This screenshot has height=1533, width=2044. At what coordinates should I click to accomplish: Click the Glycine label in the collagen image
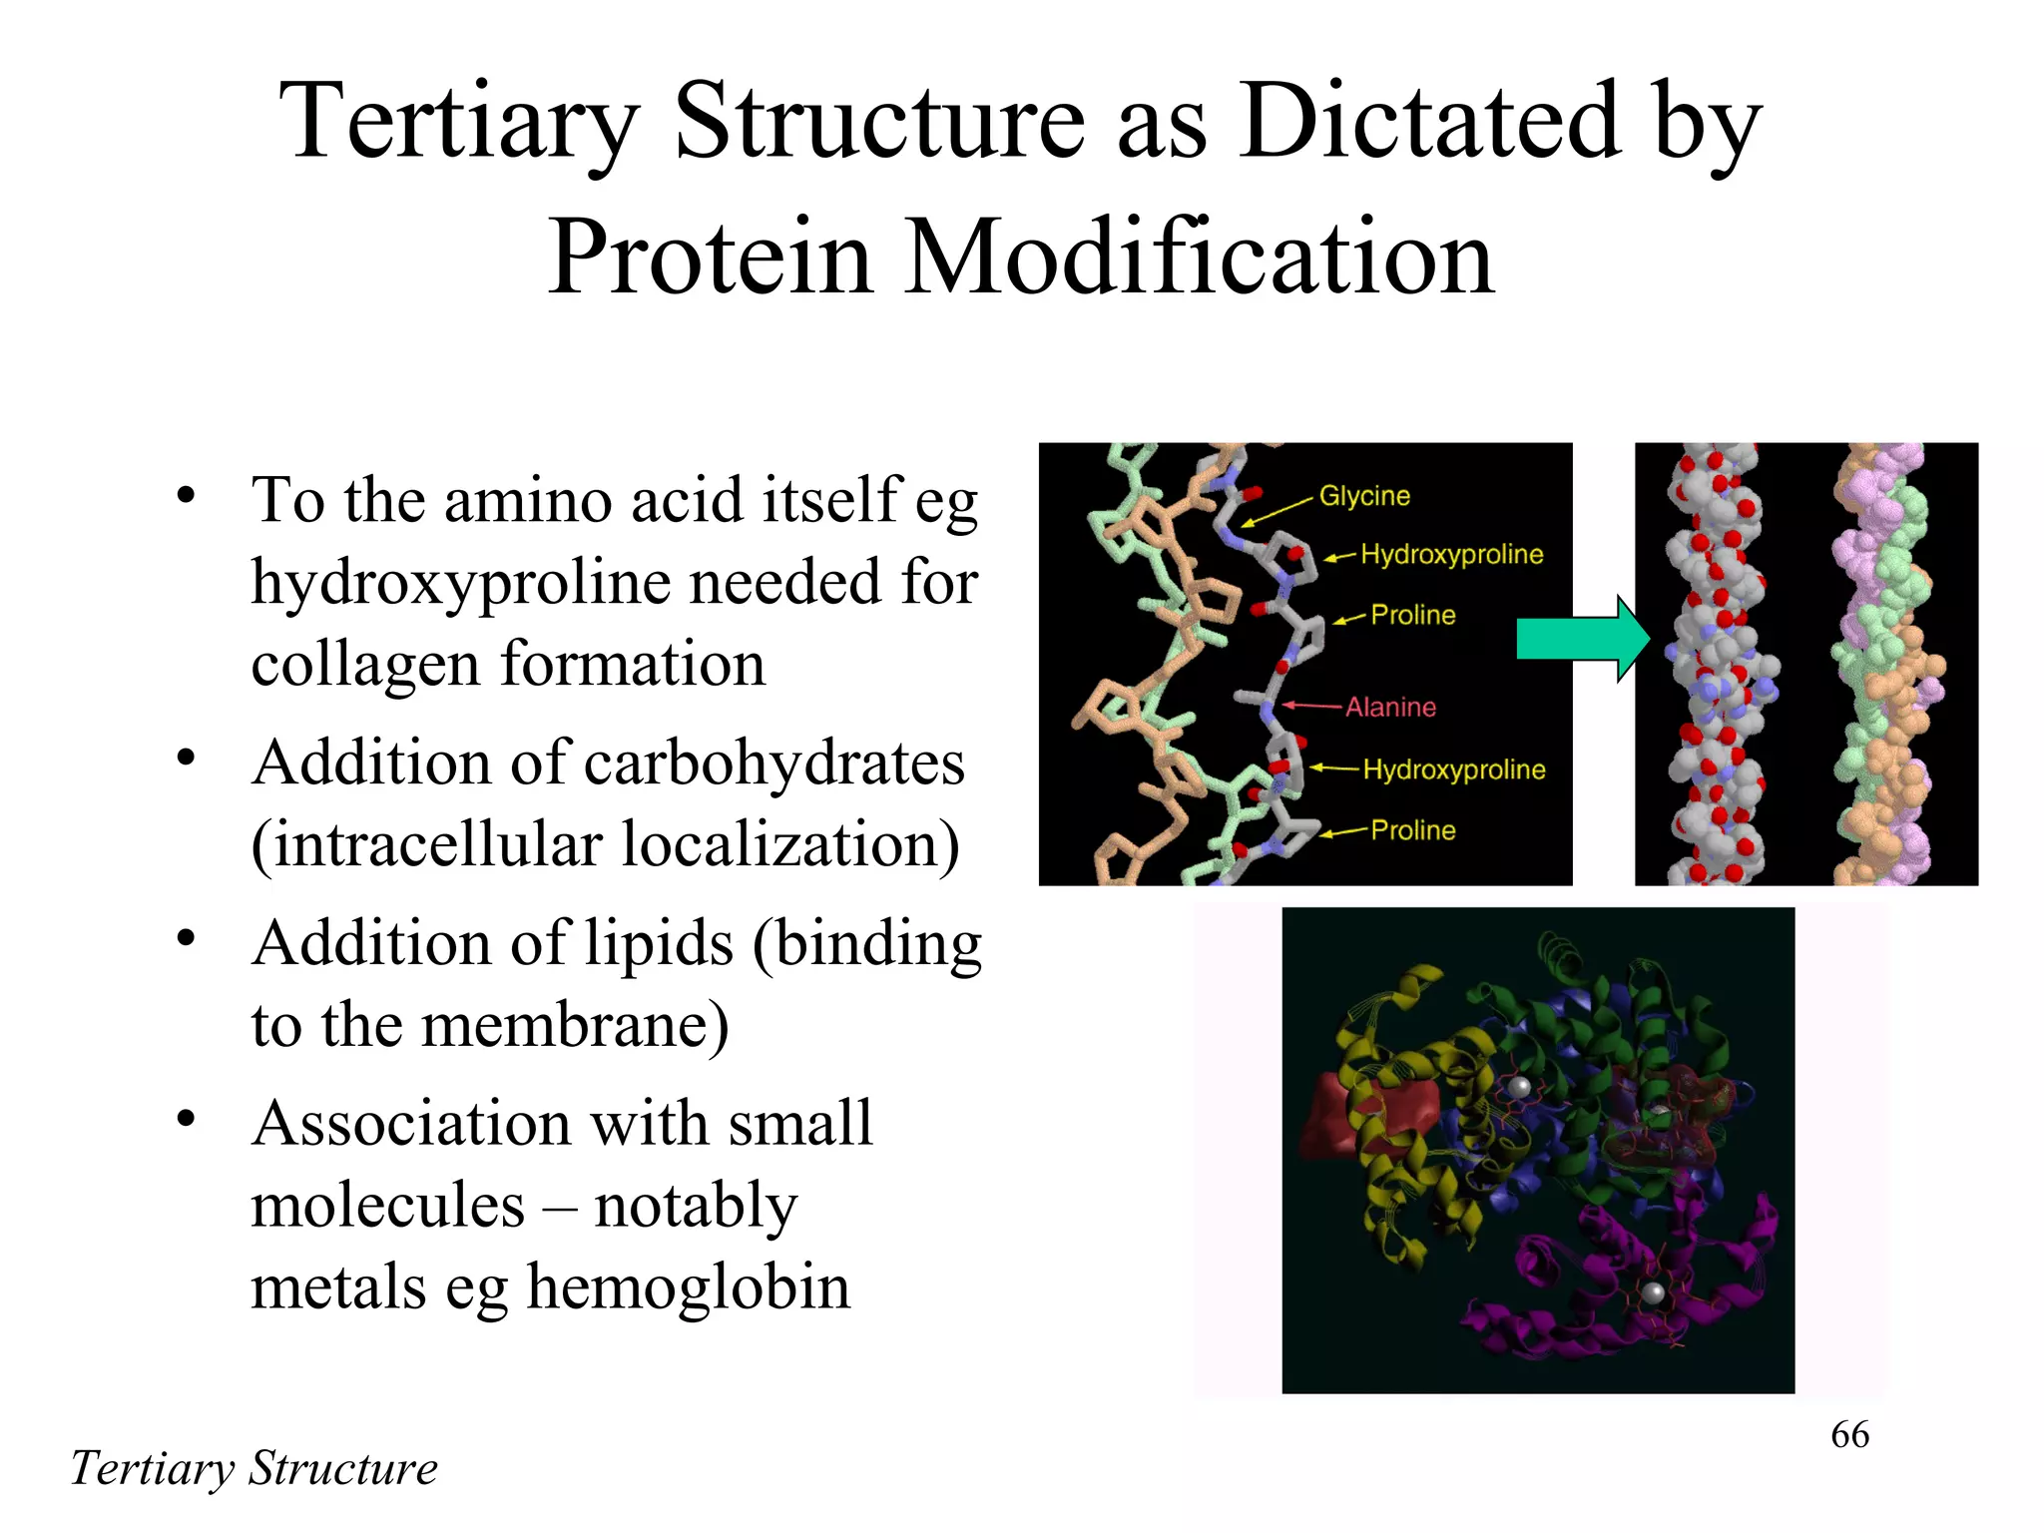(x=1363, y=496)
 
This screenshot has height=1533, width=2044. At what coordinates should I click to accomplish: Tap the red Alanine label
(x=1389, y=708)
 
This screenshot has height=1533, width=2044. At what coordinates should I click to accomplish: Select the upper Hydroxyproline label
(x=1451, y=554)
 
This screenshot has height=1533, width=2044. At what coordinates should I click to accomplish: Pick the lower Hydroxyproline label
(x=1453, y=769)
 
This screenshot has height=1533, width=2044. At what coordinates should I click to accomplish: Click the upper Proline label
(x=1412, y=615)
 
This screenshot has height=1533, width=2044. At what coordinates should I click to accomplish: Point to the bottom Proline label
(x=1412, y=830)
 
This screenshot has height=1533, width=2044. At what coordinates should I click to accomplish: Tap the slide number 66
(x=1849, y=1435)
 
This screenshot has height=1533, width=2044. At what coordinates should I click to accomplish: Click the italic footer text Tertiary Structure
(x=254, y=1468)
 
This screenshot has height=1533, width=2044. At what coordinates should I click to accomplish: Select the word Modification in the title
(x=1198, y=257)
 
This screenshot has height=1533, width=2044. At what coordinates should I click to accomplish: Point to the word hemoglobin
(x=688, y=1286)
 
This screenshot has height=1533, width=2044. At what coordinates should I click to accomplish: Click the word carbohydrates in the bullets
(x=773, y=764)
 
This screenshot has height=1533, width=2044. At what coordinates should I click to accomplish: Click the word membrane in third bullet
(x=574, y=1025)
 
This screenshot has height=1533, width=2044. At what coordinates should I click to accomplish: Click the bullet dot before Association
(x=186, y=1119)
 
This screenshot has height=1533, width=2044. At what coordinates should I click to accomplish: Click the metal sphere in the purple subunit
(x=1653, y=1293)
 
